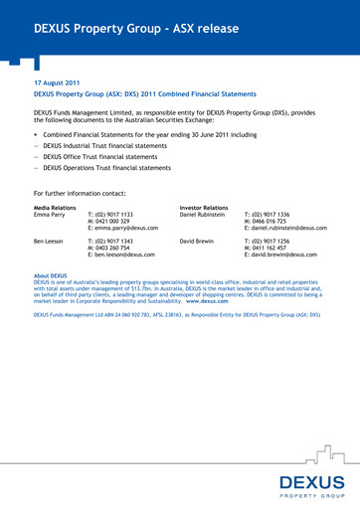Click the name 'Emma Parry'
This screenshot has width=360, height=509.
51,214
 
